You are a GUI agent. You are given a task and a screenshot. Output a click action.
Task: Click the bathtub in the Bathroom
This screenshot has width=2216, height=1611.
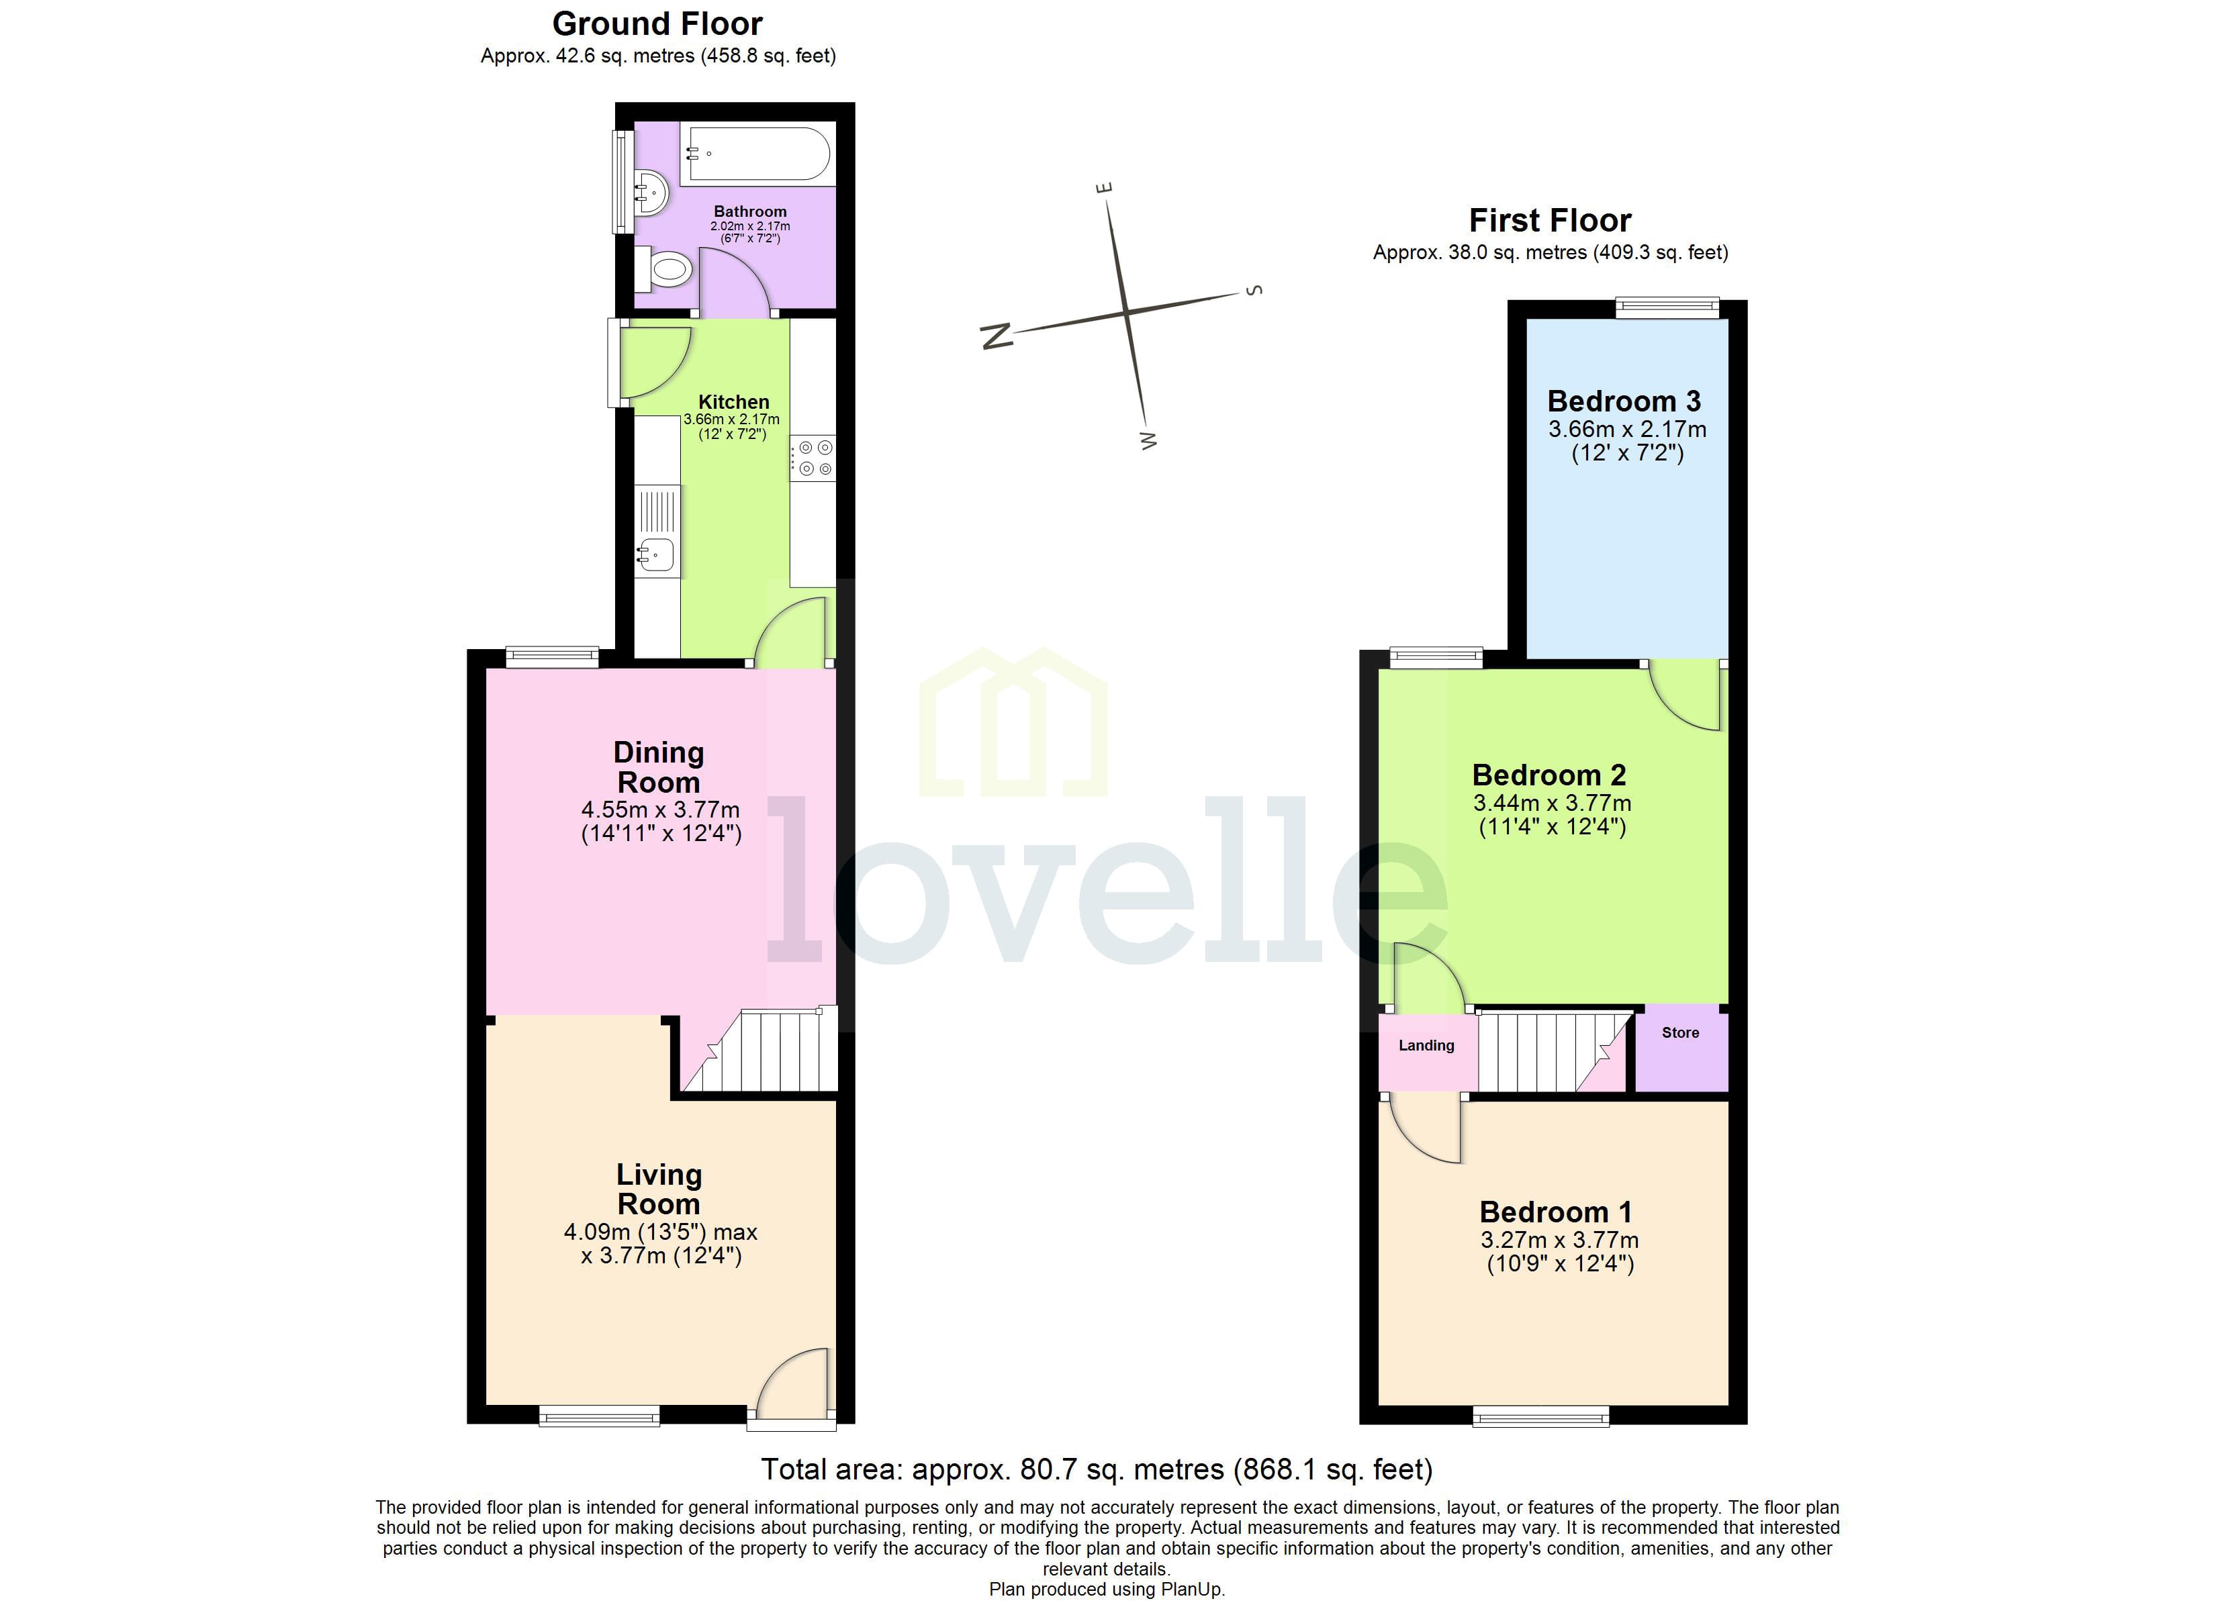point(758,154)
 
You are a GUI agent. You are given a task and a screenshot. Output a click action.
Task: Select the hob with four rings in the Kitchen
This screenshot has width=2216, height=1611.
point(814,458)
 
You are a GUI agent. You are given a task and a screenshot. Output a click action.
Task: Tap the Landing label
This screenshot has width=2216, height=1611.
point(1426,1045)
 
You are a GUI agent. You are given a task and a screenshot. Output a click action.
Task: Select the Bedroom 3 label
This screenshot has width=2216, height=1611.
point(1624,401)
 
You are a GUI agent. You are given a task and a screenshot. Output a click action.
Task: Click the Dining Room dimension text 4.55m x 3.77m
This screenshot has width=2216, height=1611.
point(661,810)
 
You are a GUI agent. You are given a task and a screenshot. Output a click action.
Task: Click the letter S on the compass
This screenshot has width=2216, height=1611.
point(1256,290)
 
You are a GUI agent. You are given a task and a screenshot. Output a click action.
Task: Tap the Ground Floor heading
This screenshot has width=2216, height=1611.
point(657,23)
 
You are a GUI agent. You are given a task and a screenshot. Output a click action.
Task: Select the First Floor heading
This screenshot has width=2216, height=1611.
point(1550,221)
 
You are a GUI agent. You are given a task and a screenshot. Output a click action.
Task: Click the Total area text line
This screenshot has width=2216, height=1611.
point(1097,1469)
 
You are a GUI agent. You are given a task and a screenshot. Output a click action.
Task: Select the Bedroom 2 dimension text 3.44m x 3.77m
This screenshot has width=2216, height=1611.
point(1552,803)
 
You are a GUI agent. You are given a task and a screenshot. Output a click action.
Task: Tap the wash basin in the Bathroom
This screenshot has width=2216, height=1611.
point(649,193)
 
